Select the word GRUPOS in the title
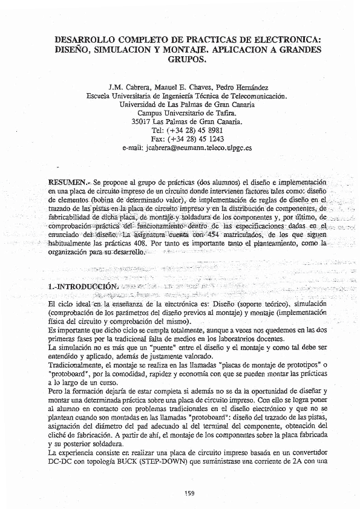pos(185,60)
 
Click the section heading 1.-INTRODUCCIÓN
pos(82,284)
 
